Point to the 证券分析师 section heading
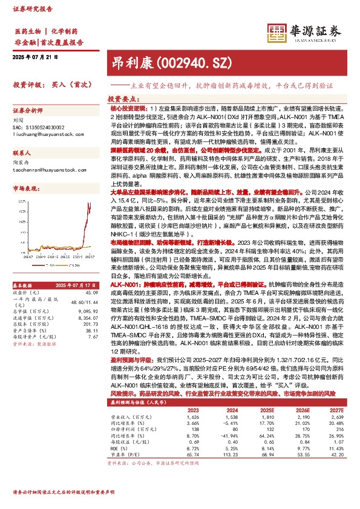click(30, 111)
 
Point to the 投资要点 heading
click(125, 99)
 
